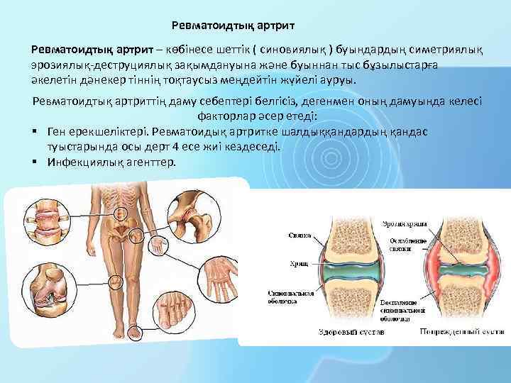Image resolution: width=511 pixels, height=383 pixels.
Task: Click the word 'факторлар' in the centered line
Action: [x=226, y=116]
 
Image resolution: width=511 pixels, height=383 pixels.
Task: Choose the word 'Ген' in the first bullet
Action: [x=57, y=132]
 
